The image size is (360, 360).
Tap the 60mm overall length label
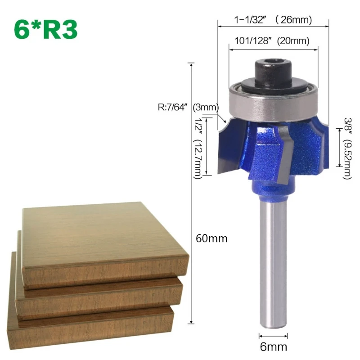(212, 238)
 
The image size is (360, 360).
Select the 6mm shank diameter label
(273, 346)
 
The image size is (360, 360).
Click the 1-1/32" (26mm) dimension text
(273, 20)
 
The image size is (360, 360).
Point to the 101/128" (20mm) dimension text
(272, 41)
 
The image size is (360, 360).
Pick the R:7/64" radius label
(173, 108)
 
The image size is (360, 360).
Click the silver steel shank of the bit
(273, 261)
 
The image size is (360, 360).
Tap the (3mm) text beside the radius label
(206, 108)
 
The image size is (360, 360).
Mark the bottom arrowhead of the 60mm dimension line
(192, 320)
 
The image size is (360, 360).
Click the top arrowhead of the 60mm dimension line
(192, 66)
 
